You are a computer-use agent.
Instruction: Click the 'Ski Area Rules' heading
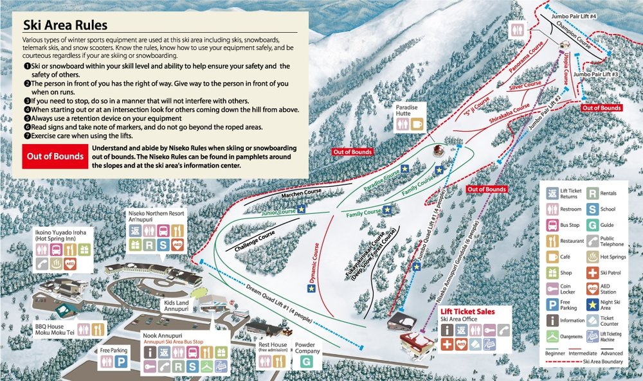pos(65,25)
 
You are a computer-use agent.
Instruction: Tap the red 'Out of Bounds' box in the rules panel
pos(53,156)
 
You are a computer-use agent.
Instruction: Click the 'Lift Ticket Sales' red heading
pos(467,311)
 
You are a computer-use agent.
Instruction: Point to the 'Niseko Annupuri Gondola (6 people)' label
pos(460,263)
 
